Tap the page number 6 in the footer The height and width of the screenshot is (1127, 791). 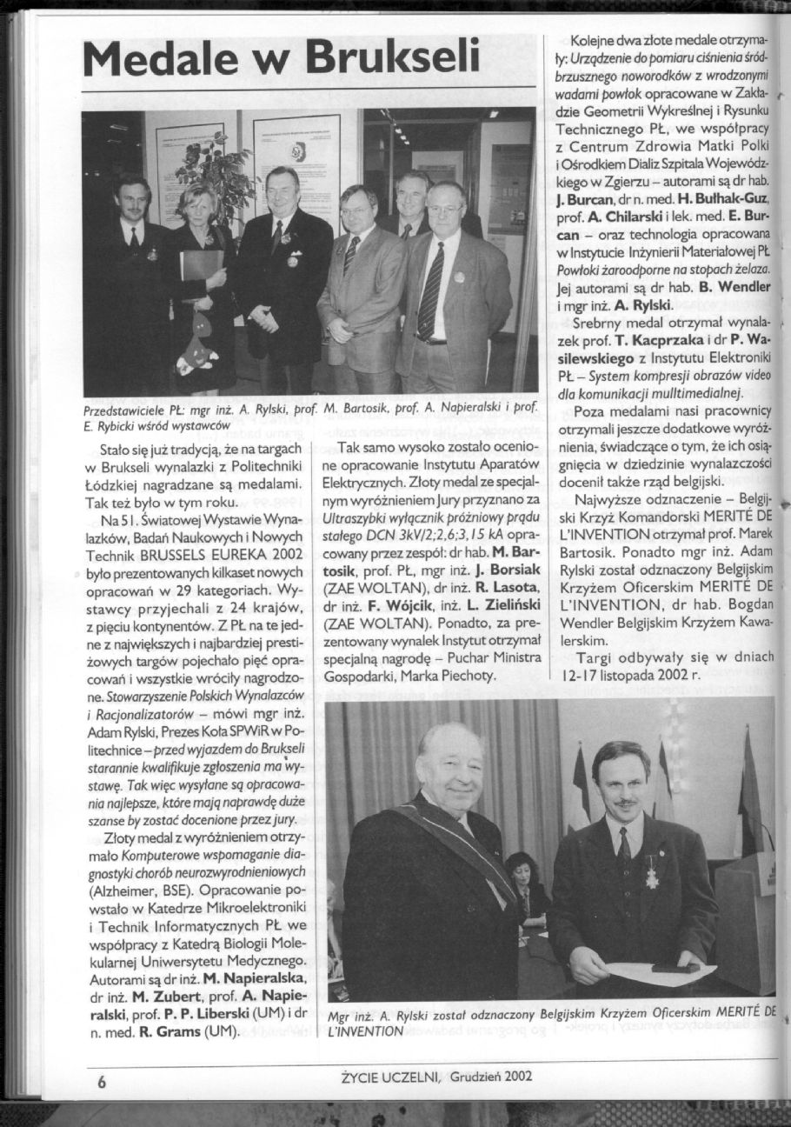pos(102,1083)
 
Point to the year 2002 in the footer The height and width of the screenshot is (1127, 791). pos(515,1076)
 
